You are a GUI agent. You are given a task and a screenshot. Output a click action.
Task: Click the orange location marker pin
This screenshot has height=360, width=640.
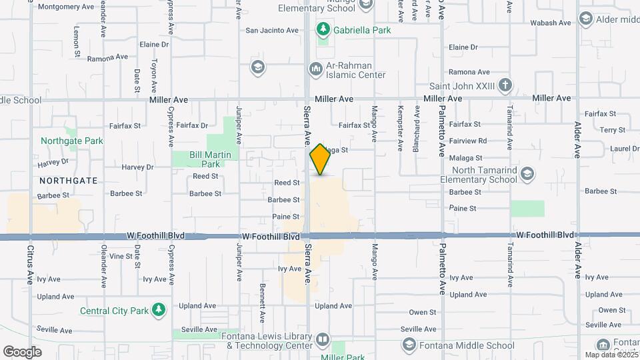(x=320, y=159)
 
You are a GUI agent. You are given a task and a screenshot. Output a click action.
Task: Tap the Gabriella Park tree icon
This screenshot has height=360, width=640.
(x=323, y=29)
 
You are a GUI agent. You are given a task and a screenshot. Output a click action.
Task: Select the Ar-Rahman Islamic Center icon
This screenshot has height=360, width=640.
(x=316, y=69)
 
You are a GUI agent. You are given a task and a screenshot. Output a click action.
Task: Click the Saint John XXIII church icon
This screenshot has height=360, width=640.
(x=506, y=85)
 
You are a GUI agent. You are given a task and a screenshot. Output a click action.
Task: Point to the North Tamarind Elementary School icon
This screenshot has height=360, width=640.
(x=528, y=175)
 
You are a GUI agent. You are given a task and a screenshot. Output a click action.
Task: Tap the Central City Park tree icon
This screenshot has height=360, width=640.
(x=158, y=310)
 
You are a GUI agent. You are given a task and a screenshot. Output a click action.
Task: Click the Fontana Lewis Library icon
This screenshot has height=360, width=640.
(x=323, y=340)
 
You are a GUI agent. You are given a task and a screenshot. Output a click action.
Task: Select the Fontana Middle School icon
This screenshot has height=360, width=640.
(x=409, y=345)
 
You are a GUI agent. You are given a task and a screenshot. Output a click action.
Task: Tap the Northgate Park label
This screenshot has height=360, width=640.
(x=72, y=141)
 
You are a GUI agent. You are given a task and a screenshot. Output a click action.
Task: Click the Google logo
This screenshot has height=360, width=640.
(x=22, y=351)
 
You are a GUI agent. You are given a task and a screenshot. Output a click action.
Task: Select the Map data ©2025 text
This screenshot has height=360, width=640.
(x=609, y=355)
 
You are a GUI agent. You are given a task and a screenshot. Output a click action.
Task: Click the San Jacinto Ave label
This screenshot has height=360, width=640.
(x=272, y=30)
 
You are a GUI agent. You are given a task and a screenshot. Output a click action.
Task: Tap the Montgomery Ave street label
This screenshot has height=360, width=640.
(x=66, y=7)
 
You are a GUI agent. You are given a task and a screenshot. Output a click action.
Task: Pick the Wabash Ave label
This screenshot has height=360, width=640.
(x=551, y=23)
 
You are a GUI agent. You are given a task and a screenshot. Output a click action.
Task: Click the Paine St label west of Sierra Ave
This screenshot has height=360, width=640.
(x=285, y=217)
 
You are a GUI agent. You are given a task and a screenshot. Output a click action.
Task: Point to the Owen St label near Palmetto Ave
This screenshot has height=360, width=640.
(x=423, y=311)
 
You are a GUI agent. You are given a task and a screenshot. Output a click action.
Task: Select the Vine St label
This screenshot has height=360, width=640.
(x=121, y=256)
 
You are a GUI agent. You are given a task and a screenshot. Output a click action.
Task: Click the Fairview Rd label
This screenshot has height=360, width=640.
(x=468, y=141)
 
